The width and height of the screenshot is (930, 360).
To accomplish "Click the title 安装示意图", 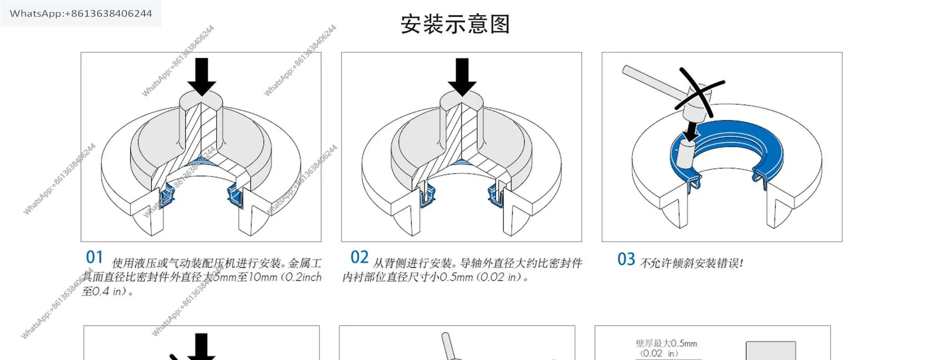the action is [455, 24].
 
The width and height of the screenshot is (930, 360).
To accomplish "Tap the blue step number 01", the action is [94, 257].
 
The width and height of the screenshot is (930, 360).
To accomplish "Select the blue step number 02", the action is [359, 257].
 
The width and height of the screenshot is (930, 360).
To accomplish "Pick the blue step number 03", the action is [626, 259].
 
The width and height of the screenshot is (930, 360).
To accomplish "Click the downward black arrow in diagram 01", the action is [202, 77].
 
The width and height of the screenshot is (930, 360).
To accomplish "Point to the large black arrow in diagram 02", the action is [462, 77].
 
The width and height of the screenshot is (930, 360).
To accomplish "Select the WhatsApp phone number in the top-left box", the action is [81, 13].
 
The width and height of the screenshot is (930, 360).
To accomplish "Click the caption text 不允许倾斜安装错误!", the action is [691, 263].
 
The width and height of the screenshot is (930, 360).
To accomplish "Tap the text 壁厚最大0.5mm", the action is [666, 343].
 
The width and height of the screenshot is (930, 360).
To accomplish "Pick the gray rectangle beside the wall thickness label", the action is [771, 351].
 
